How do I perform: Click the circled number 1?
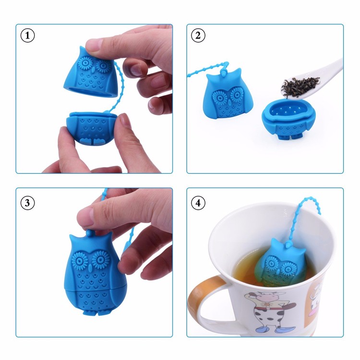28,36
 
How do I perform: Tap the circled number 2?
198,36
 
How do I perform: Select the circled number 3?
28,203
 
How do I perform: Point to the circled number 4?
198,203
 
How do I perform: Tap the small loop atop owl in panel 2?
224,71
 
